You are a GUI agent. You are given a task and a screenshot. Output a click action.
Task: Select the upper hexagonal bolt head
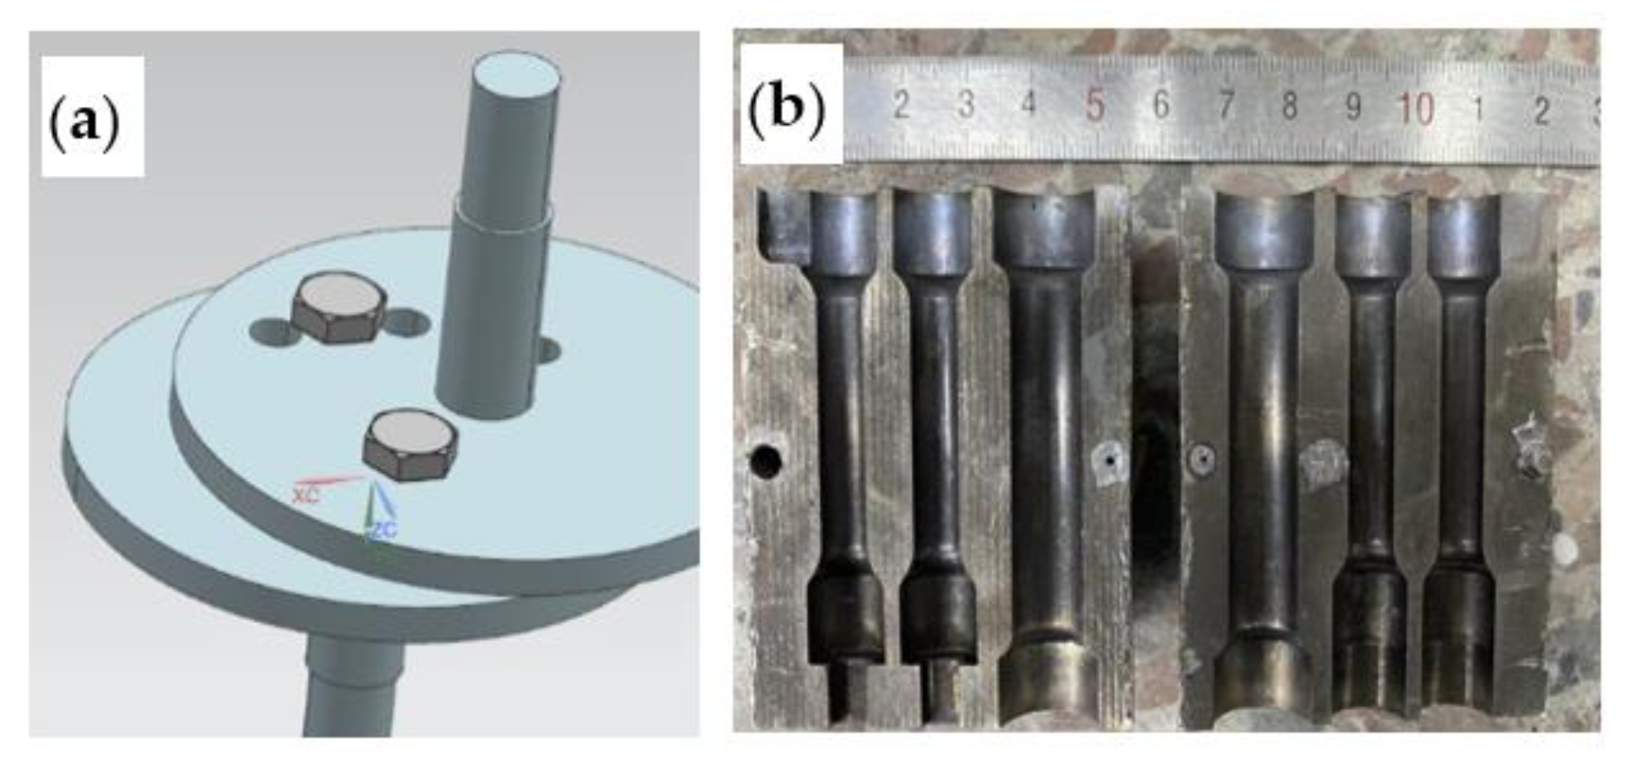(339, 308)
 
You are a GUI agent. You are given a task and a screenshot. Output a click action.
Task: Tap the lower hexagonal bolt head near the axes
(410, 444)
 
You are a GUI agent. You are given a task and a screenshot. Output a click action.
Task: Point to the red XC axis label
(305, 493)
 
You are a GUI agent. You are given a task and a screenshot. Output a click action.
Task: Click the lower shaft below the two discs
(349, 686)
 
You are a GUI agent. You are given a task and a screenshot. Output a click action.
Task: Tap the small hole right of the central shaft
(547, 350)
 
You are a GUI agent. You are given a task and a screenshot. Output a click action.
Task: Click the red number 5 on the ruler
(1094, 105)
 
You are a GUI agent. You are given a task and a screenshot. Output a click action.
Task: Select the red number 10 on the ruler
(1416, 109)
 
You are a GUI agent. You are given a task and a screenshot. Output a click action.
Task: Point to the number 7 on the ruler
(1226, 105)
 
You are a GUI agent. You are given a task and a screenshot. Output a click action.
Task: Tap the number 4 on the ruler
(1029, 102)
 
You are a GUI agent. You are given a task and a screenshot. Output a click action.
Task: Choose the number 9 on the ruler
(1352, 107)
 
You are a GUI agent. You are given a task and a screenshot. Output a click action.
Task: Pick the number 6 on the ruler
(1160, 105)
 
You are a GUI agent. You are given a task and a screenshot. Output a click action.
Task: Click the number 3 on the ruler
(965, 104)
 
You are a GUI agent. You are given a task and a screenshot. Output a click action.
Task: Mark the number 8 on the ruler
(1290, 106)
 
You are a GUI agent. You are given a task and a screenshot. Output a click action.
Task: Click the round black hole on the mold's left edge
(766, 461)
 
